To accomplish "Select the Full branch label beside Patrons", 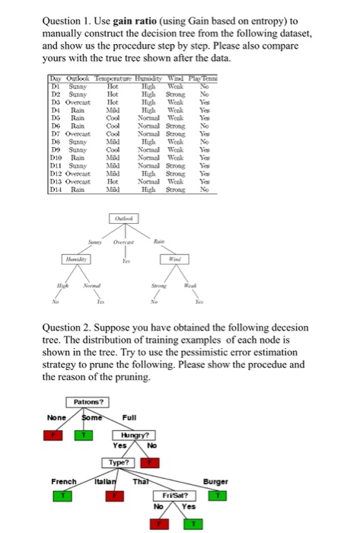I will pyautogui.click(x=131, y=417).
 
